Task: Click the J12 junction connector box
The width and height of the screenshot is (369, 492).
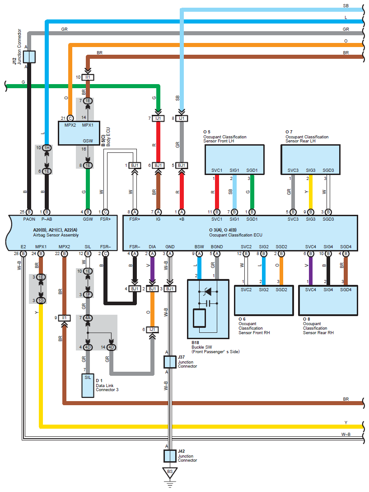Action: [29, 57]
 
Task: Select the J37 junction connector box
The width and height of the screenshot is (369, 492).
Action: [169, 362]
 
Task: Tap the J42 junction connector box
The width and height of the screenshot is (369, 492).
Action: [169, 455]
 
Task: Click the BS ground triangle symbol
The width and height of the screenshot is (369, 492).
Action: [170, 472]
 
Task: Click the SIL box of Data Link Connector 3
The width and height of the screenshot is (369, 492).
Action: [88, 385]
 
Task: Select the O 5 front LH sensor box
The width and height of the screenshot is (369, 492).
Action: [234, 160]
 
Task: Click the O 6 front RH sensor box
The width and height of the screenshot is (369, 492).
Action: [264, 300]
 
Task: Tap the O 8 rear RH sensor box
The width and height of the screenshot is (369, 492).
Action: [328, 300]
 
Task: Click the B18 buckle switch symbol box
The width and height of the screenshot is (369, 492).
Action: [208, 309]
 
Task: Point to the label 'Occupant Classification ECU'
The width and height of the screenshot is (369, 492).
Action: [235, 235]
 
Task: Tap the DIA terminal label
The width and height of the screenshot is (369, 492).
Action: [152, 247]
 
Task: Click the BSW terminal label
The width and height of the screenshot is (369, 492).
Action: [199, 247]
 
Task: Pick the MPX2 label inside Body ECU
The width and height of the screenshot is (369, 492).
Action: [70, 125]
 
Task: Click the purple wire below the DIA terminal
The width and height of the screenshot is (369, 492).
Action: [152, 270]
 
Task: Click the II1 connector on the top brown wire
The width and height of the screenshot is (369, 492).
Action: [88, 77]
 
